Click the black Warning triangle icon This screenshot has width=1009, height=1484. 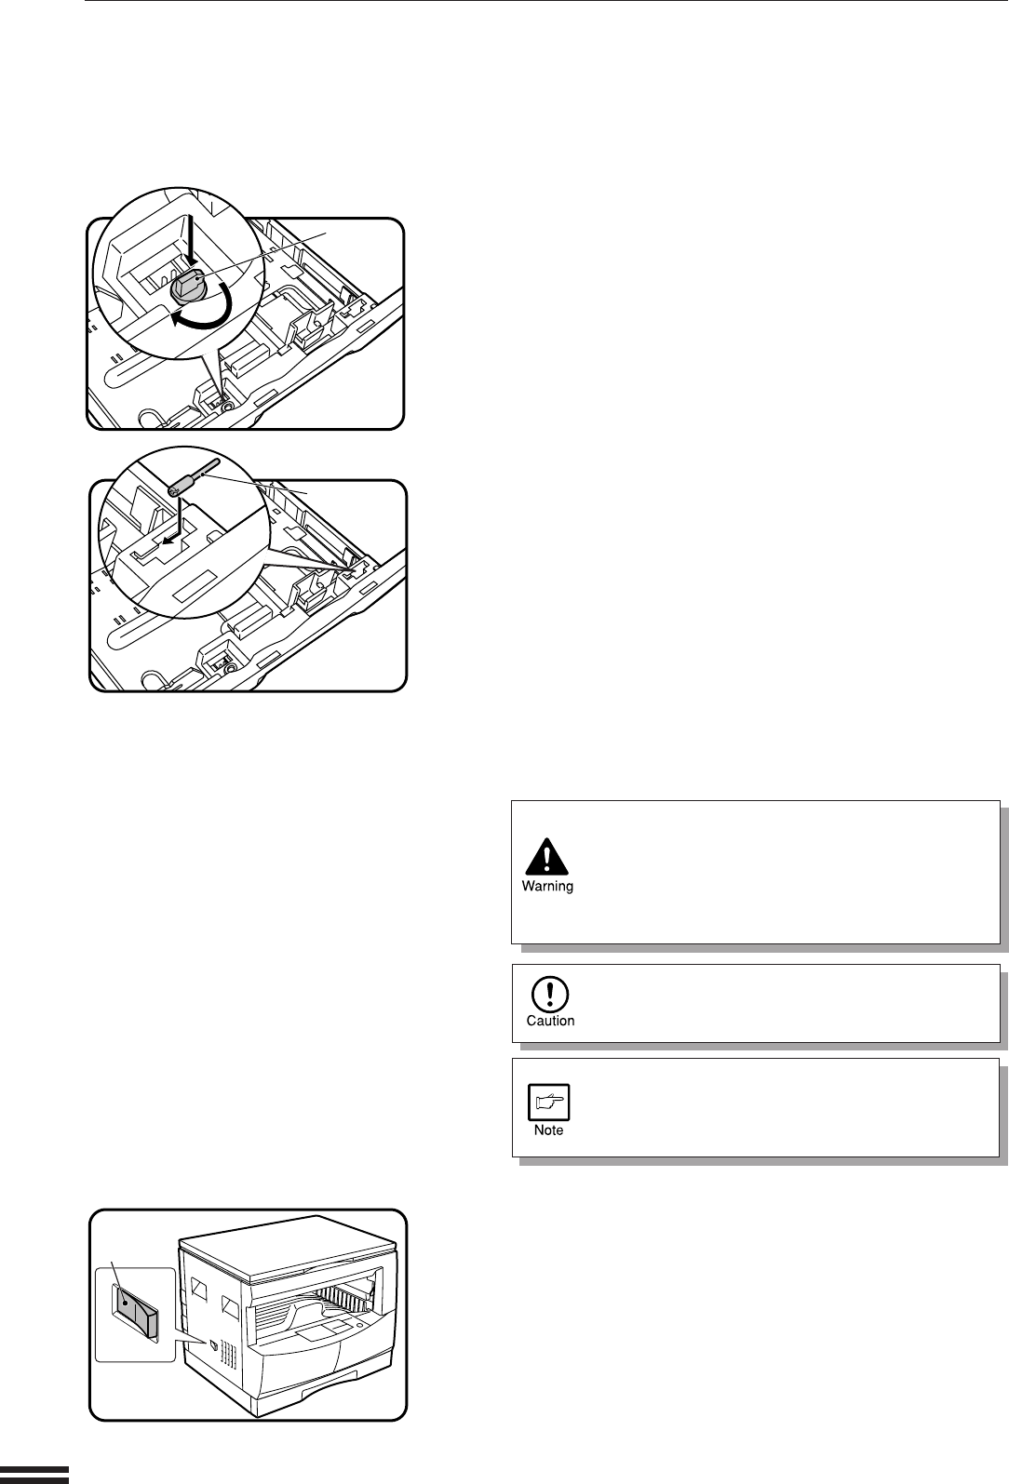[546, 857]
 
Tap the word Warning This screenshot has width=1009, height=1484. [547, 886]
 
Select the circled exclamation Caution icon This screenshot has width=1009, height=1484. [549, 995]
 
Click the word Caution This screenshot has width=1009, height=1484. [550, 1021]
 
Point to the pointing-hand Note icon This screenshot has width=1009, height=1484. [549, 1102]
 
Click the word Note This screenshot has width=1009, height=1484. [549, 1130]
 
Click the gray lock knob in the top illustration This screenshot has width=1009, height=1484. [189, 287]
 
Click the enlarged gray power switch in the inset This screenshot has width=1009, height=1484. [138, 1307]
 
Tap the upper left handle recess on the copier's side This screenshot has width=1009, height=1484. [198, 1288]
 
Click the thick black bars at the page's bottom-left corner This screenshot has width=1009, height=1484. [34, 1475]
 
